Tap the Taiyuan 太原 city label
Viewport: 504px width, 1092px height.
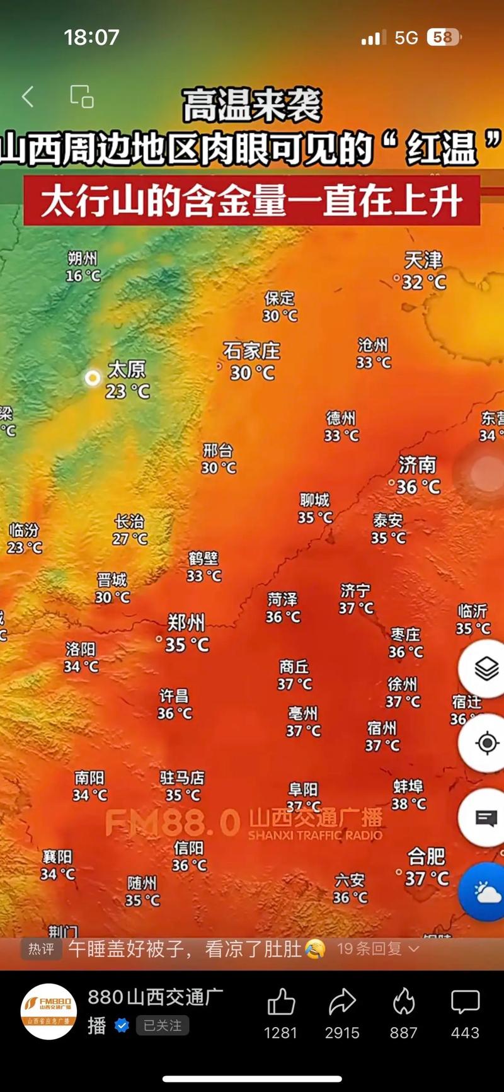point(127,369)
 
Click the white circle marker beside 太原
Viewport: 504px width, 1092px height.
point(93,378)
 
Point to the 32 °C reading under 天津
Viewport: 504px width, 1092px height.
point(424,282)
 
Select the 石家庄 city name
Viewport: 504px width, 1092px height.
point(251,350)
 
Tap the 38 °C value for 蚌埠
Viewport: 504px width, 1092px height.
point(409,803)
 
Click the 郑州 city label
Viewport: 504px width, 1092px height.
point(186,623)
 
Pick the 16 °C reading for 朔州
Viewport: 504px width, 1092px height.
point(83,275)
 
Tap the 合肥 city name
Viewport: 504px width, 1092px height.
point(427,856)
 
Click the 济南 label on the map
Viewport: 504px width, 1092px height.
point(417,465)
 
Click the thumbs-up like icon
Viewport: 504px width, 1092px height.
point(281,1001)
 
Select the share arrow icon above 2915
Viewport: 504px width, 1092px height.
point(342,1001)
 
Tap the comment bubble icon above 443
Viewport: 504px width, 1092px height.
point(465,1001)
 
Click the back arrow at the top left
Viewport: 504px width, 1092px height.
point(28,96)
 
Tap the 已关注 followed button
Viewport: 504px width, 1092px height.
point(162,1026)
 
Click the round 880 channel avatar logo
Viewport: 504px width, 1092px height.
point(49,1011)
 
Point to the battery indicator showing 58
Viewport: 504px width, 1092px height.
point(444,38)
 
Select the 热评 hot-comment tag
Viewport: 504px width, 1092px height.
point(42,949)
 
